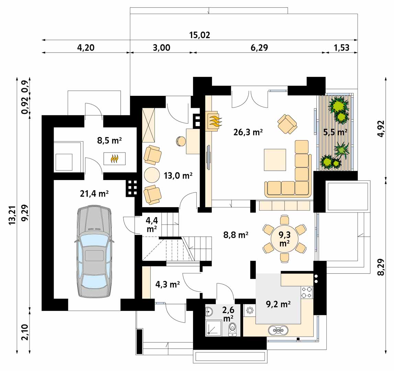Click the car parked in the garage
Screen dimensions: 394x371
(94, 251)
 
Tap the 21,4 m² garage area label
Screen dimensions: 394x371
(94, 194)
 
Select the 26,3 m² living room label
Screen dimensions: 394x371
(248, 132)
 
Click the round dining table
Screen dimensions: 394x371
(285, 239)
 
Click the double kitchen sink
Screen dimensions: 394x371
(278, 330)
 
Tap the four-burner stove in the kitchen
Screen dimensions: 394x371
(307, 292)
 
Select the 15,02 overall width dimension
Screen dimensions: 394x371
(200, 35)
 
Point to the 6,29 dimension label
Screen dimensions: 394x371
(259, 47)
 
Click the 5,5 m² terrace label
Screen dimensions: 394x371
(335, 132)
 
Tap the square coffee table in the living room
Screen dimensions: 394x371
(275, 160)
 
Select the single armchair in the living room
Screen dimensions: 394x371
(287, 124)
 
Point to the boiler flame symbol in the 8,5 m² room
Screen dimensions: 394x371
(115, 159)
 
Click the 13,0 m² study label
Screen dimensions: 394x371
(178, 176)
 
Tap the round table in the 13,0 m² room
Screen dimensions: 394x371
(152, 175)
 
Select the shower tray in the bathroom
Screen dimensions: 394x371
(213, 328)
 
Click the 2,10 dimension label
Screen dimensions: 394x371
(25, 332)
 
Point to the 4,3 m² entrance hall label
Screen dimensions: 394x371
(168, 284)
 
